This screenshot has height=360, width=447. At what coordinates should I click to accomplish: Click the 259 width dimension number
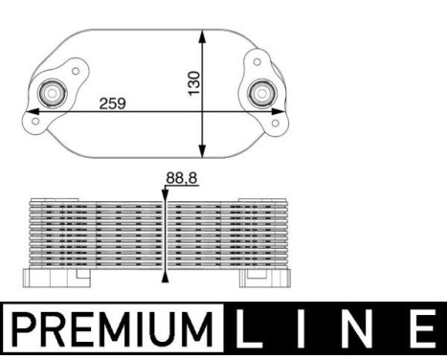tap(114, 102)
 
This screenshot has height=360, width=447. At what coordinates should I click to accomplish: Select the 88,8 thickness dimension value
tap(182, 178)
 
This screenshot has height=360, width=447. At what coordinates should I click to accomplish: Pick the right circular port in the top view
tap(260, 93)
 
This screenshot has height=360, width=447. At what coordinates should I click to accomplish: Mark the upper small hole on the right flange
tap(257, 60)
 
